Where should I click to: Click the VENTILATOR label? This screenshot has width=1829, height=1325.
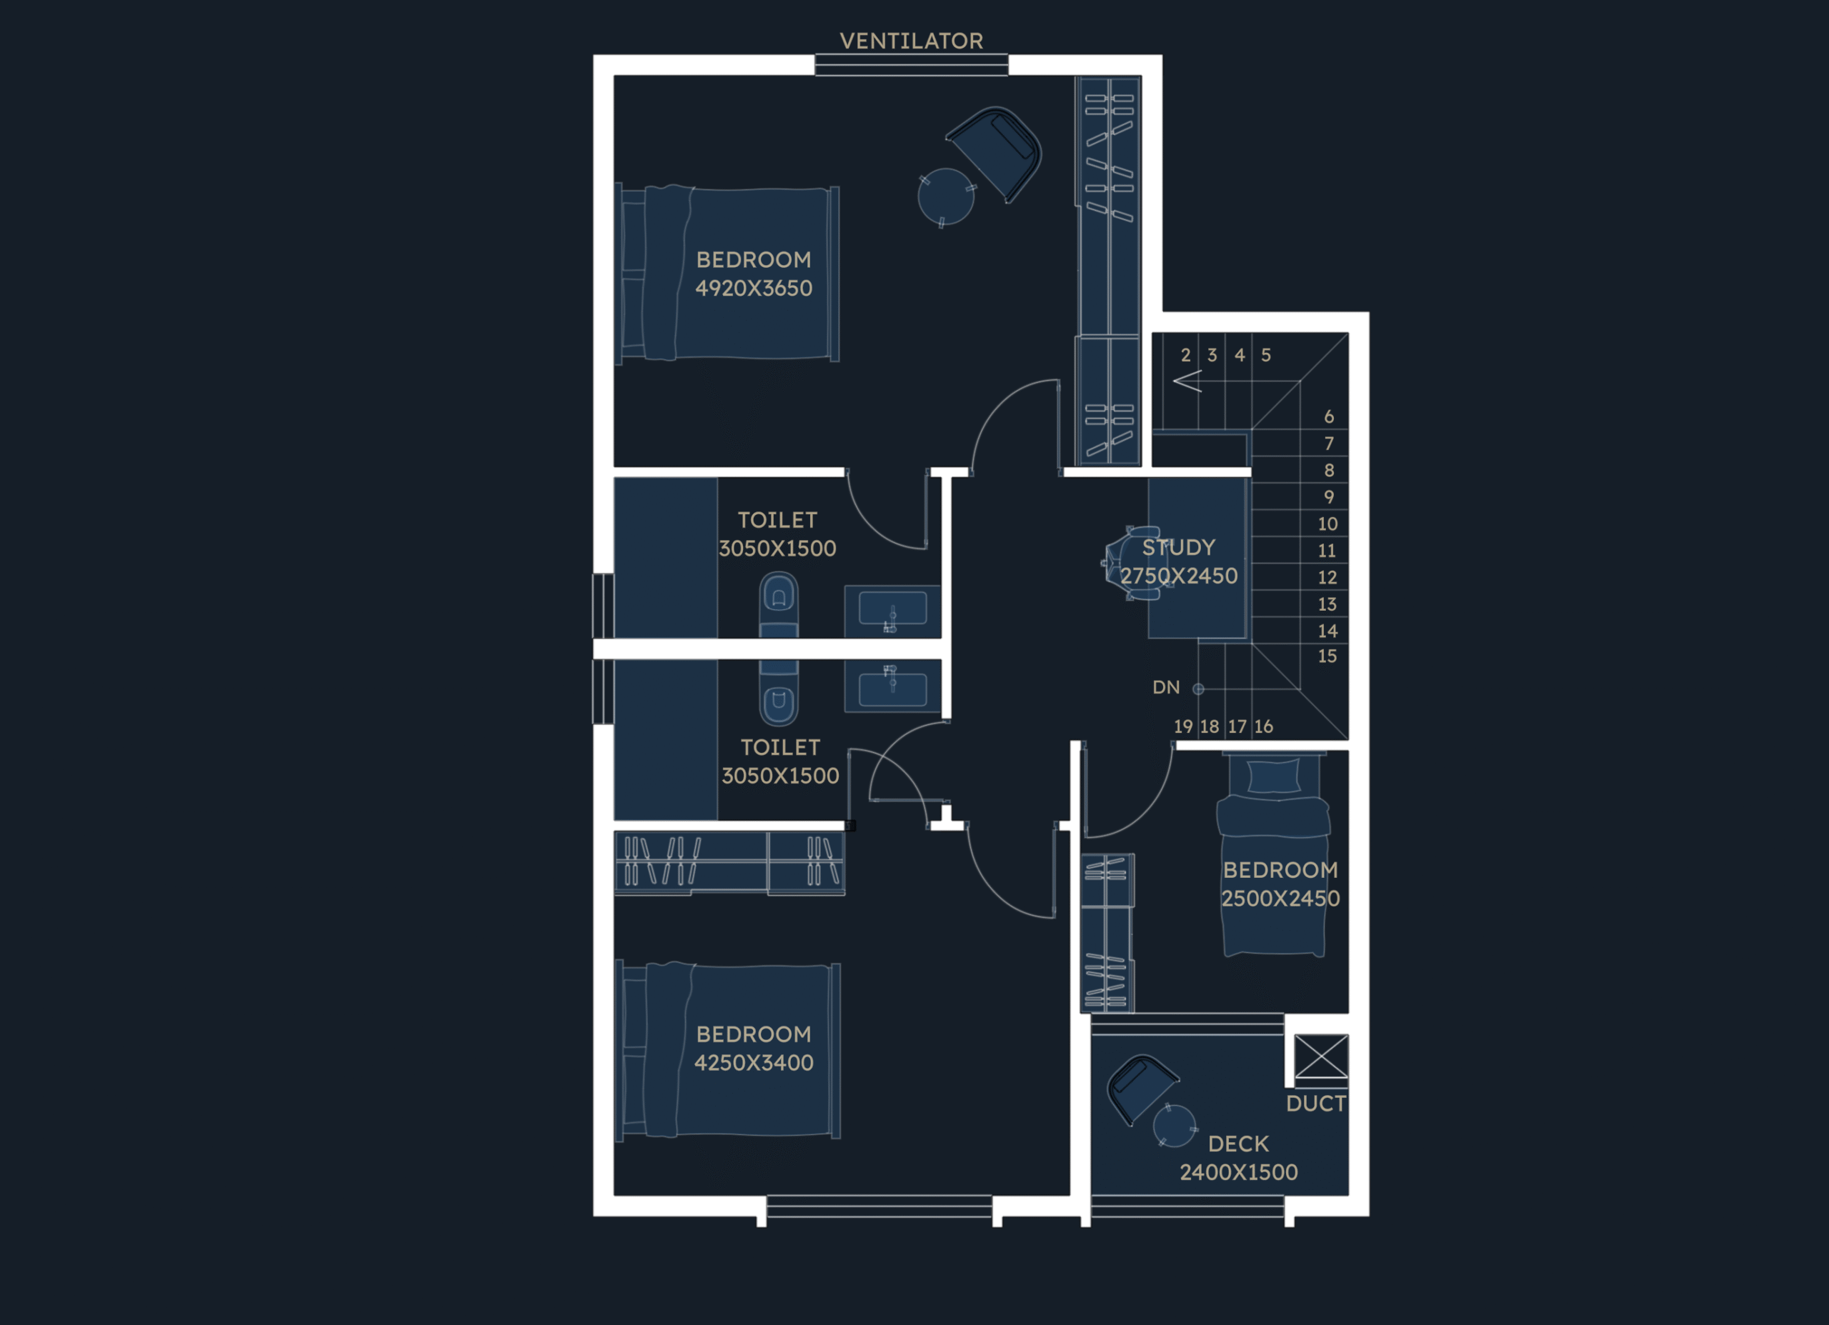point(911,41)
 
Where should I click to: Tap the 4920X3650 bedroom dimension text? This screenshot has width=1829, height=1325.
point(754,288)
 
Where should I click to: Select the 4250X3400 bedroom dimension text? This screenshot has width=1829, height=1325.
point(754,1063)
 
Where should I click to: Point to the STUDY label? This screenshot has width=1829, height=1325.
point(1178,548)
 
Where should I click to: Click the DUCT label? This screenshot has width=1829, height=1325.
point(1316,1104)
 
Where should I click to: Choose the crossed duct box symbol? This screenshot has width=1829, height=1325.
point(1321,1056)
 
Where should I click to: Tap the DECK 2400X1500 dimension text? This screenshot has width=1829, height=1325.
point(1239,1173)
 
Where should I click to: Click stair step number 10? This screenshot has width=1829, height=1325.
point(1327,524)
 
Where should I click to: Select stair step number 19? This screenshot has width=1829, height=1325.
point(1183,726)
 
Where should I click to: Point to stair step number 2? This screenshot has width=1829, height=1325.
point(1185,355)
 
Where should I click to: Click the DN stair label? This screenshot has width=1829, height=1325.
point(1166,687)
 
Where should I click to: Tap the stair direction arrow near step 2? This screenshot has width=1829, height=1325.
point(1187,381)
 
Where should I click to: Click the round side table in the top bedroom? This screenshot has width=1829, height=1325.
point(946,196)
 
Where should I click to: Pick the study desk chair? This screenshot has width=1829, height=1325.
point(1131,564)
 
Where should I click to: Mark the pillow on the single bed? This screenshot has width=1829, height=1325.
point(1273,776)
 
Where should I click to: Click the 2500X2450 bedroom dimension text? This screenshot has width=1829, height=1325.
point(1280,899)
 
